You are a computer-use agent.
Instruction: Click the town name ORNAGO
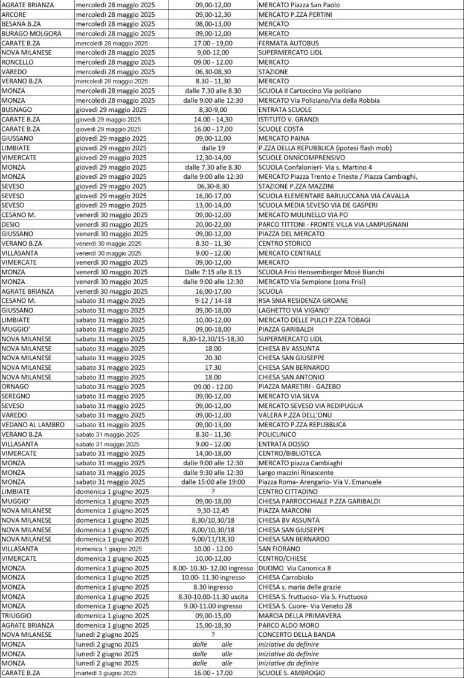[x=16, y=386]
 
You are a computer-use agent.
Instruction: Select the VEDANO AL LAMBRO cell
[x=33, y=424]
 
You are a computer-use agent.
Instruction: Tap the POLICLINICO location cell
[x=277, y=434]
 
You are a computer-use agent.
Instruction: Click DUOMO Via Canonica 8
[x=295, y=567]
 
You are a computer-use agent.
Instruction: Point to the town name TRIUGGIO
[x=17, y=615]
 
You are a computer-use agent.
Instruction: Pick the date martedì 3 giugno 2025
[x=106, y=673]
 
